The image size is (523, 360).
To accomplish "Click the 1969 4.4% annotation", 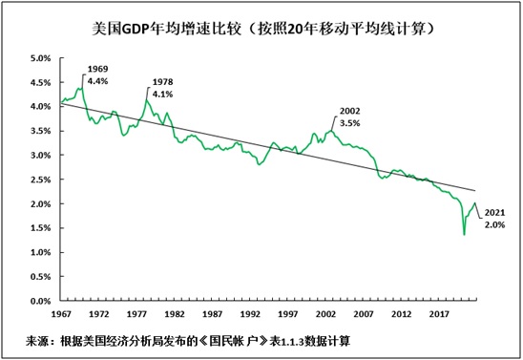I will click(97, 76).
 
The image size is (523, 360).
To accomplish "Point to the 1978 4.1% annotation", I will click(164, 88).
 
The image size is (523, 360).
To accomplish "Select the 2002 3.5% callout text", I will click(352, 117).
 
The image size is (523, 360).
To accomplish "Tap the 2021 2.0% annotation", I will click(495, 218).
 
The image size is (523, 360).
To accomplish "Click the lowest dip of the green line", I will click(464, 234).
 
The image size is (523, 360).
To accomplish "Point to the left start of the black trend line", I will click(60, 102).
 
